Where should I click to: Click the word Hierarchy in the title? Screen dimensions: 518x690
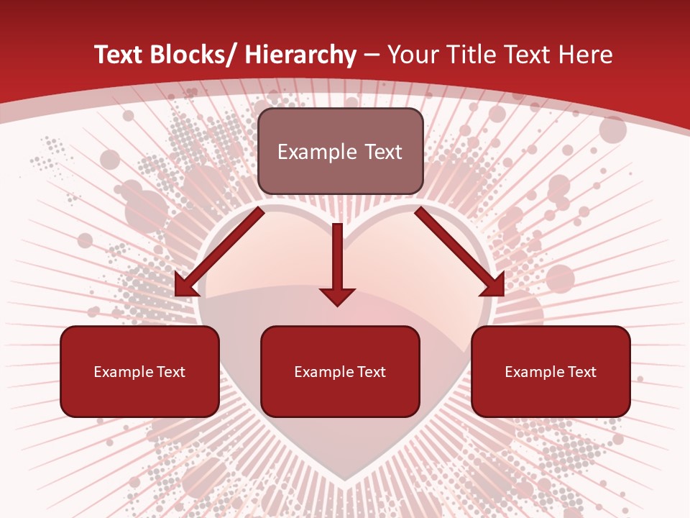[300, 55]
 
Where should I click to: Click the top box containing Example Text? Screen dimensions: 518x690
[340, 151]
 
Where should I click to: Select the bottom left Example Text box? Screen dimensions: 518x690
[139, 371]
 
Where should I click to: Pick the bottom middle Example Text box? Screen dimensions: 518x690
[340, 371]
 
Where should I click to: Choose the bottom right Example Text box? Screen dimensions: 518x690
[551, 371]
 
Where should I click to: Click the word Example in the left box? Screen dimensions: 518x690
[124, 372]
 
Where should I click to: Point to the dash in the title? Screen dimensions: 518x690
[372, 56]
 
